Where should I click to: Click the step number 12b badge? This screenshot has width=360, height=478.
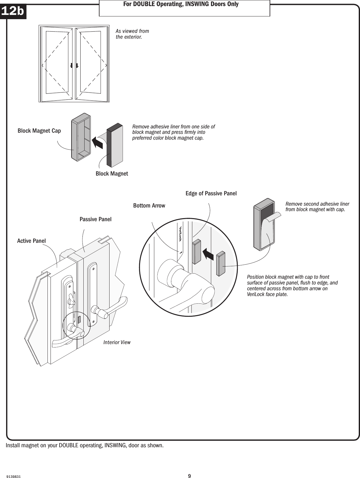pos(13,11)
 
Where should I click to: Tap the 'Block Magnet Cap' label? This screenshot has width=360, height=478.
pos(39,131)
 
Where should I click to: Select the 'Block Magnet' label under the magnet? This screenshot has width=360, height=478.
pos(112,174)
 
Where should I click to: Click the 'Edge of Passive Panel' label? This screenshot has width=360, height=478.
pos(211,194)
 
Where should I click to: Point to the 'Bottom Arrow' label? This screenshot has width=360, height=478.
pos(149,206)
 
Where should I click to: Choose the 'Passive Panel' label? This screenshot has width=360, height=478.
pos(96,219)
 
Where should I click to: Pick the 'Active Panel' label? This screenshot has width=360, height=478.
pos(31,241)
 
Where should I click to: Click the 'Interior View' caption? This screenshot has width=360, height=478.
pos(117,342)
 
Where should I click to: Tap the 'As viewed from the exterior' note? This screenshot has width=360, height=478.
pos(132,34)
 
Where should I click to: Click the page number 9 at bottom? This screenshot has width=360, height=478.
pos(189,468)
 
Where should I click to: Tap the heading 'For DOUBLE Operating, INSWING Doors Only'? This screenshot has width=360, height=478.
pos(184,5)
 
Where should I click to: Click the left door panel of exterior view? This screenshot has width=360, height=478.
pos(58,63)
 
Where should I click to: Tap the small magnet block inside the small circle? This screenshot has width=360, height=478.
pos(79,319)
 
